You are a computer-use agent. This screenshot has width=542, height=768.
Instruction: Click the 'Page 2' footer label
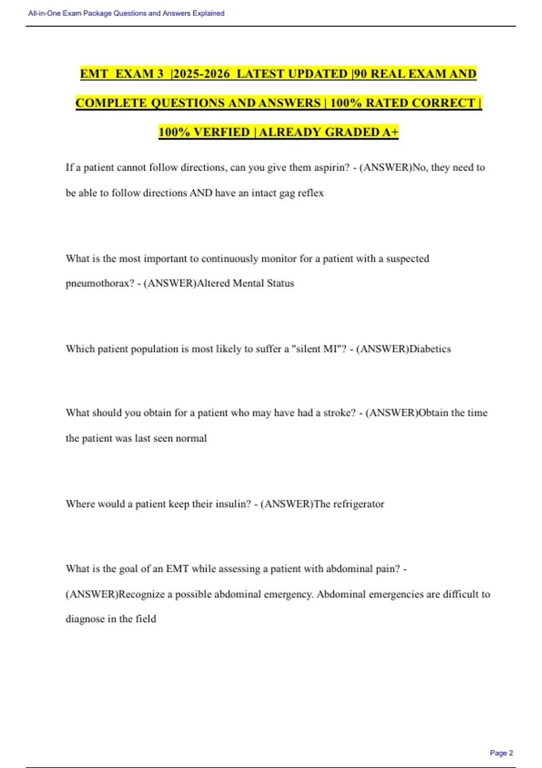pos(501,753)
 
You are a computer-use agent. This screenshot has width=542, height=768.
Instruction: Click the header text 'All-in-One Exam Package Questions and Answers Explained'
pos(126,14)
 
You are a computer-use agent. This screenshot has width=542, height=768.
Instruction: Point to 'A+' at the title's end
pos(390,132)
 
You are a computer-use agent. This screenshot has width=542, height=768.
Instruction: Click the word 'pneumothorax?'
pos(100,283)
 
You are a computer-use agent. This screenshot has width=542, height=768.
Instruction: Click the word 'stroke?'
pos(339,413)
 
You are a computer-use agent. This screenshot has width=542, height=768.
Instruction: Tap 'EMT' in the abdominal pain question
pos(177,569)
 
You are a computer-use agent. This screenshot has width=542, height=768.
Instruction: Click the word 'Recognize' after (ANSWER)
pos(141,594)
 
